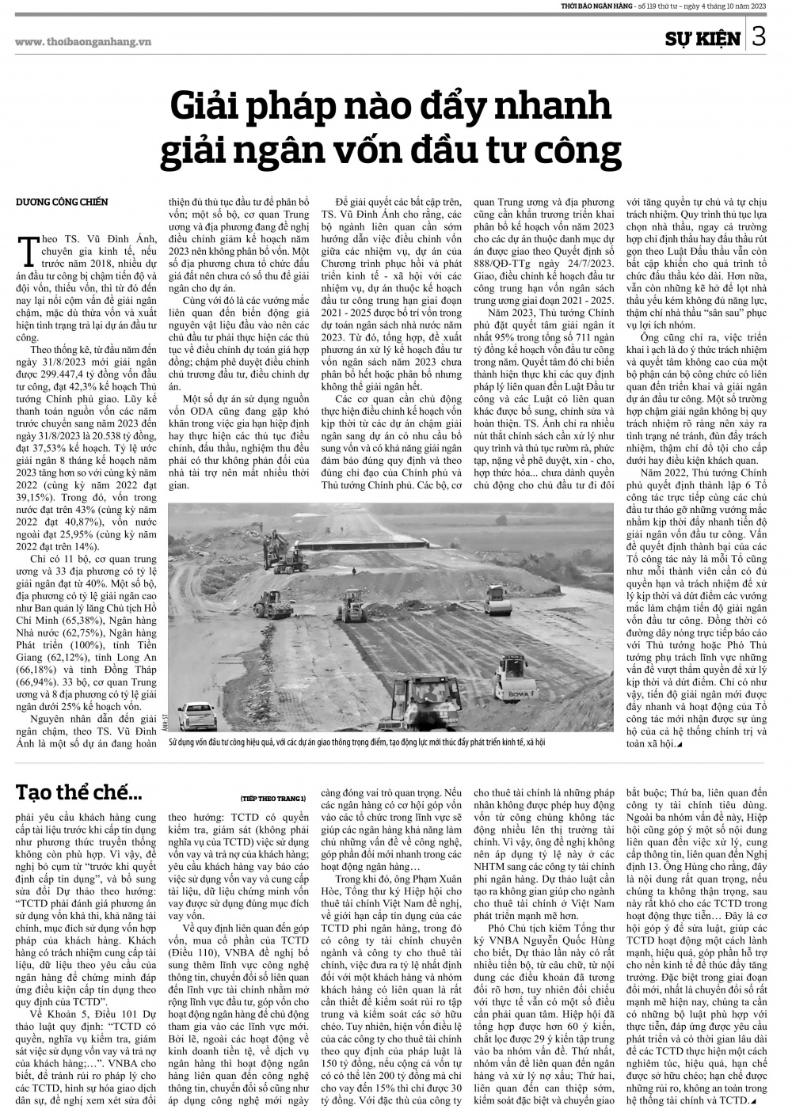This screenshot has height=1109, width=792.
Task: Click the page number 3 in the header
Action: click(758, 37)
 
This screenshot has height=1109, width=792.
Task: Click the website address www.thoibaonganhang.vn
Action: click(83, 41)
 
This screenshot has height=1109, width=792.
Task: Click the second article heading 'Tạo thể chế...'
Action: click(79, 791)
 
